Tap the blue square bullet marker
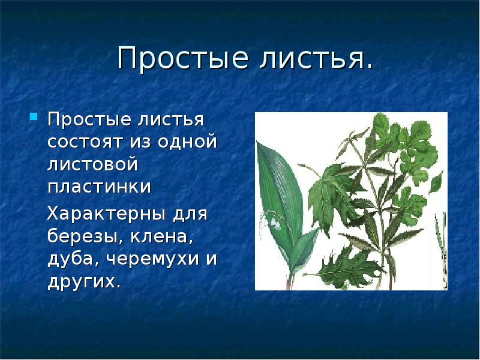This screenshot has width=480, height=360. coord(34,115)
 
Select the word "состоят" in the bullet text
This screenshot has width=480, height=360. coord(83,143)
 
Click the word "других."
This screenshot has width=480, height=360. coord(84,281)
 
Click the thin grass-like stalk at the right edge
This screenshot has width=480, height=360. coord(442,252)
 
